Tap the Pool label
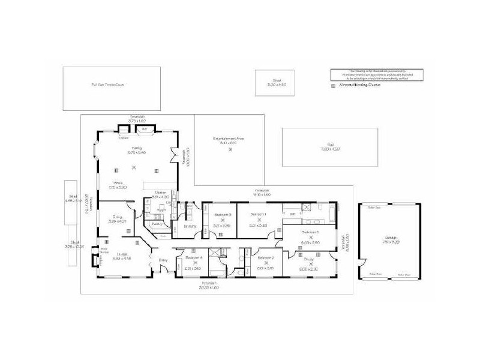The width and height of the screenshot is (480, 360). [329, 144]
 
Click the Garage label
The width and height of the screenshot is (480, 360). [391, 238]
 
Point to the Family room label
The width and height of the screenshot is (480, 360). [137, 147]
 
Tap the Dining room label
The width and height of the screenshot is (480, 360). [116, 218]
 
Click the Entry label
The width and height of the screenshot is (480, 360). [162, 260]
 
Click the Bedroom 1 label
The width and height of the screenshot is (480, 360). [258, 214]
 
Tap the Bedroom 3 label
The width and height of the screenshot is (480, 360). [223, 214]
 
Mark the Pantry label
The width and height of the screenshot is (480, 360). [157, 223]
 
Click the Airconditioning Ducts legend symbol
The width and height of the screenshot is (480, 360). [334, 86]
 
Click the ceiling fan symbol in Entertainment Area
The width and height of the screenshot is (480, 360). [230, 149]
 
